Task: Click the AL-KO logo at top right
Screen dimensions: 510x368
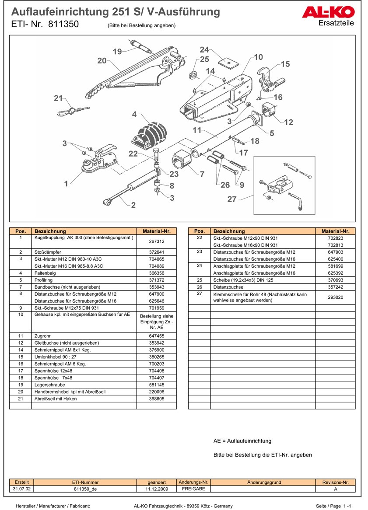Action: pos(328,12)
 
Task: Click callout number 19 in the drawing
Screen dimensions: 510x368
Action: pos(117,52)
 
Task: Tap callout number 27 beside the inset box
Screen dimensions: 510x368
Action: pos(232,199)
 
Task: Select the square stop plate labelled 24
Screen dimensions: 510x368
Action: pos(227,62)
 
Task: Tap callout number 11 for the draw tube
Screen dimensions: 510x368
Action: pos(196,130)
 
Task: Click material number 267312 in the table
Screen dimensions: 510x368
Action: pos(156,241)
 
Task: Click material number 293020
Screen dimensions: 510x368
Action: pos(336,297)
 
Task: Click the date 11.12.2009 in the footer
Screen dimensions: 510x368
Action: pos(157,489)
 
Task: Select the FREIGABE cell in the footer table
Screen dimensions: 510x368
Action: pos(193,489)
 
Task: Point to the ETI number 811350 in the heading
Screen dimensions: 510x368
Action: pos(64,24)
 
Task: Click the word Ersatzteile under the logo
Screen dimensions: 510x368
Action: pos(336,23)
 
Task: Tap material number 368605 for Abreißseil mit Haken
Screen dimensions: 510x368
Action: pos(156,399)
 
